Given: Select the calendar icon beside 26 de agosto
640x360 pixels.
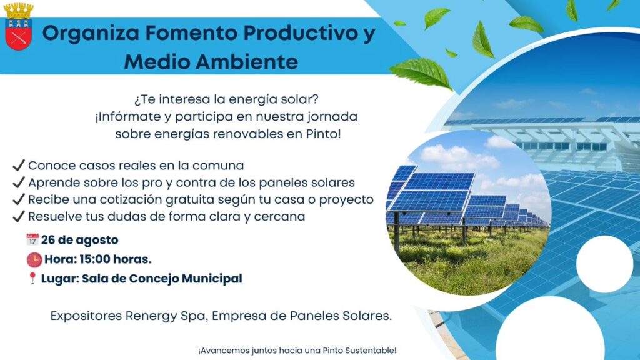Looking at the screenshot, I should pos(32,239).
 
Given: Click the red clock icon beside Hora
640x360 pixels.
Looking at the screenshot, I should pos(34,259).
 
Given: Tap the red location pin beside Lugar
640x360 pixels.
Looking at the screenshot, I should pos(32,279).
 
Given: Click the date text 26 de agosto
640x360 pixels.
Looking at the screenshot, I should pos(80,239).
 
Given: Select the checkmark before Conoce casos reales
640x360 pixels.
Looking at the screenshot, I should pos(19,166).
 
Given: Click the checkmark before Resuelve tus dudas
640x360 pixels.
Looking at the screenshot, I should pos(19,217).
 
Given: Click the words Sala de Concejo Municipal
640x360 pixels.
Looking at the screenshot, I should pos(162,279).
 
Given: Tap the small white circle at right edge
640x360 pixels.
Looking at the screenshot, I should pos(604,264).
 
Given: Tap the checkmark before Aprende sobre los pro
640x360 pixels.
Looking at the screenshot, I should pos(19,182).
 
